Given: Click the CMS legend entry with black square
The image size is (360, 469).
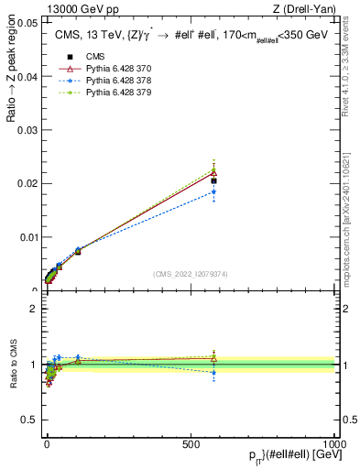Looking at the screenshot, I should pos(88,57).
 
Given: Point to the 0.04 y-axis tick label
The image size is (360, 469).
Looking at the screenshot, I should pos(27,76).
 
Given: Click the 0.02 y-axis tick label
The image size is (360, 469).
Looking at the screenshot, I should pos(27,183).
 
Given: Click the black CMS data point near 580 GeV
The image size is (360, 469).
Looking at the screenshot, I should pos(213,180).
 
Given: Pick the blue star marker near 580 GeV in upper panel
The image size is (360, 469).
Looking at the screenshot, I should pos(213,191).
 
